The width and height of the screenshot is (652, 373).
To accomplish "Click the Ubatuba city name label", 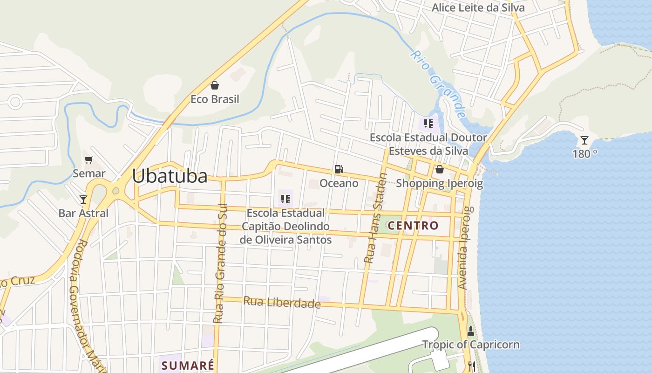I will (170, 176).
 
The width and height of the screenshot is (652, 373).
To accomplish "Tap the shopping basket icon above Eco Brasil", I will (215, 85).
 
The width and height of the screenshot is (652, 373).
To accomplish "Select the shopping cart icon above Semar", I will (89, 159).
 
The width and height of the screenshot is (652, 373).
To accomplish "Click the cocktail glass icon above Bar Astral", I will (83, 200).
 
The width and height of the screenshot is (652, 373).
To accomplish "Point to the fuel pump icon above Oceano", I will (339, 169).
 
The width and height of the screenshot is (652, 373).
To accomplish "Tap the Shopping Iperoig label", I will (439, 183).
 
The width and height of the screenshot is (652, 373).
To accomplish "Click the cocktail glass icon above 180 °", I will (584, 140).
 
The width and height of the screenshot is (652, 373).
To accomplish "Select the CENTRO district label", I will (413, 226).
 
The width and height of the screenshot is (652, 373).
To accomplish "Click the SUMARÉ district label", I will (188, 365).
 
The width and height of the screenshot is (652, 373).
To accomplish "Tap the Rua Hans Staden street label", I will (375, 218).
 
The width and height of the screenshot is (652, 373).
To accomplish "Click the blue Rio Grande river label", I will (438, 84).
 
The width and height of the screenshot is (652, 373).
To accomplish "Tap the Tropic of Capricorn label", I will (471, 345).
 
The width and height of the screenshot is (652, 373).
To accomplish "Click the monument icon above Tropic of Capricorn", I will (470, 331).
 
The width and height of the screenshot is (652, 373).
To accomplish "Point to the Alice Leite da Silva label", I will (478, 7).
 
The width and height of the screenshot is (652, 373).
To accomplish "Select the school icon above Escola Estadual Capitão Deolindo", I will (285, 200).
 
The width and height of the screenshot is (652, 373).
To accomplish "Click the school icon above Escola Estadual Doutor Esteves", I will (428, 124).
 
